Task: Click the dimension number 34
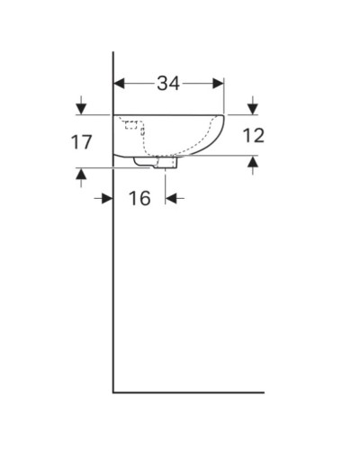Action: click(168, 84)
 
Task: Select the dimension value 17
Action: click(82, 141)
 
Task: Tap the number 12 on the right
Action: click(254, 136)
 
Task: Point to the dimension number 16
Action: click(139, 198)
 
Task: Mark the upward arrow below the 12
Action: click(253, 163)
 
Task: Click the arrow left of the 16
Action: click(106, 198)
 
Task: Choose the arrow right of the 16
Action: click(172, 198)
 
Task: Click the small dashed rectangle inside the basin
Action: click(132, 124)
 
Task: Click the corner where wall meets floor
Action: click(113, 392)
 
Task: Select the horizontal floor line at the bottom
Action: click(189, 392)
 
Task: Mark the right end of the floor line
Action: click(264, 392)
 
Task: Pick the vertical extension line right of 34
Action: click(224, 97)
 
